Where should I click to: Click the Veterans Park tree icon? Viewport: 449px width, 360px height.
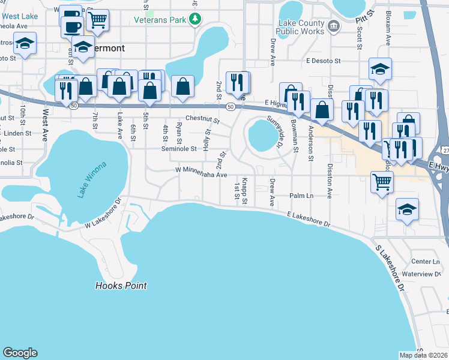194,20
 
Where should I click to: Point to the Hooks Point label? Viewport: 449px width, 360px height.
121,286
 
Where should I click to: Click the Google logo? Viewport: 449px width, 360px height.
20,353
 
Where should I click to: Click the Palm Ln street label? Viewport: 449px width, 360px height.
301,196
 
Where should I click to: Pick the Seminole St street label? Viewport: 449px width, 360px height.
179,149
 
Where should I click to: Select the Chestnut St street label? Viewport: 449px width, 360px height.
202,119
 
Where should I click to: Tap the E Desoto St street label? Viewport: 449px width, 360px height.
323,61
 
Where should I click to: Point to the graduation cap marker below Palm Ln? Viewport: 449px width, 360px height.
407,209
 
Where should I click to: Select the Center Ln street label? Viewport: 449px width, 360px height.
426,262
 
